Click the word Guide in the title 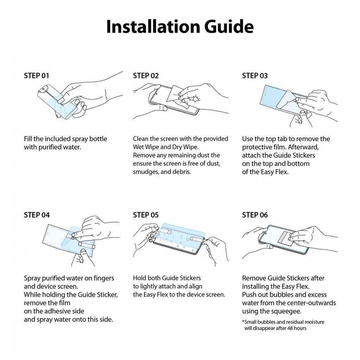tap(229, 26)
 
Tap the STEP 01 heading tap(37, 76)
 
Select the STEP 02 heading tap(146, 76)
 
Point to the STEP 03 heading tap(255, 76)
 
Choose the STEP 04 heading tap(37, 215)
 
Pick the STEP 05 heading tap(146, 215)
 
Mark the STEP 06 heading tap(255, 215)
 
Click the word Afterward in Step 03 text tap(303, 147)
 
